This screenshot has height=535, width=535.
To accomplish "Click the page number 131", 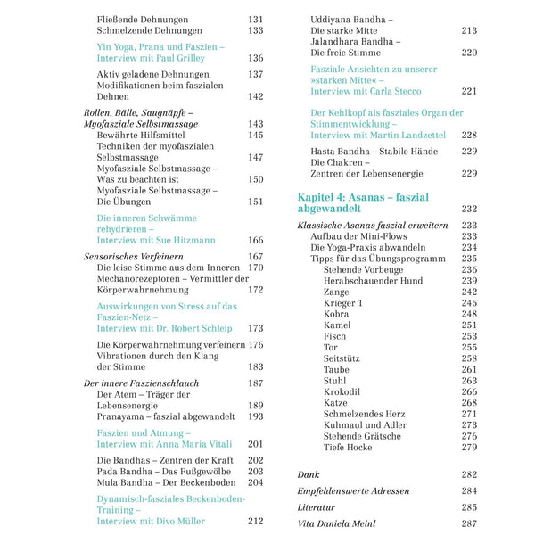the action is click(x=255, y=18).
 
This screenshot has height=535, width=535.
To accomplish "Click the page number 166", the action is click(x=255, y=240).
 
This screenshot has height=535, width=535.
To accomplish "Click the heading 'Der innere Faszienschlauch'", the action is click(x=141, y=383).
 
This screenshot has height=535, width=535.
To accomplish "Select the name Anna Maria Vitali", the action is click(x=190, y=444).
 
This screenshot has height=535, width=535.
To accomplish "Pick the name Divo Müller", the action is click(x=178, y=522).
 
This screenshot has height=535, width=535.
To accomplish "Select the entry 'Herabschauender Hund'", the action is click(x=373, y=280).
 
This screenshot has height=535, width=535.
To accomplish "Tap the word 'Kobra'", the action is click(x=337, y=314).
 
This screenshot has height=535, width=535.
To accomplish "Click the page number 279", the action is click(x=469, y=447).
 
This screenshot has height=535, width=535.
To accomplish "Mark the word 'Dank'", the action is click(x=309, y=475).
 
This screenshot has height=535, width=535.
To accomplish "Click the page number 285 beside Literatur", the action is click(x=469, y=507).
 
